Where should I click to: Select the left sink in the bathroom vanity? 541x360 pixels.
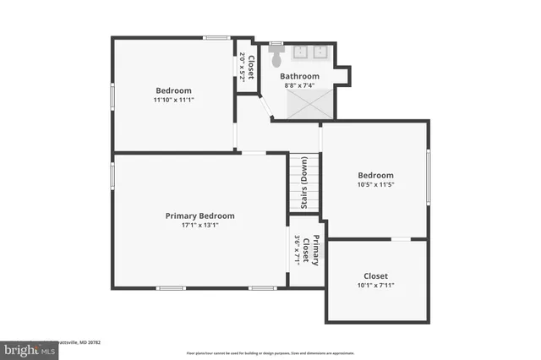(x=302, y=52)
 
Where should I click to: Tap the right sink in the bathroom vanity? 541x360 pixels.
(x=320, y=52)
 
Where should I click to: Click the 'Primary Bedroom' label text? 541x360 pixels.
(x=199, y=215)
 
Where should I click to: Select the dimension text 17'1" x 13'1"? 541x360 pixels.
(x=199, y=226)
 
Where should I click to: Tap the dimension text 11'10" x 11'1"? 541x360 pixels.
(x=173, y=101)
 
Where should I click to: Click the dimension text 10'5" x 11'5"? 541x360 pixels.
(x=376, y=185)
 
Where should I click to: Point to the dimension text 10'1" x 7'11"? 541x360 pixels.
(x=376, y=285)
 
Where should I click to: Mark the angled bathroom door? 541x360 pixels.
(x=265, y=108)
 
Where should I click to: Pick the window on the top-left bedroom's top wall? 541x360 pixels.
(x=216, y=37)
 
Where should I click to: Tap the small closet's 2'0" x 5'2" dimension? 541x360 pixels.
(x=243, y=66)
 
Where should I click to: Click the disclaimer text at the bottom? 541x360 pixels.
(x=270, y=352)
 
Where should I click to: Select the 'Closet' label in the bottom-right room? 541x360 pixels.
(x=376, y=275)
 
